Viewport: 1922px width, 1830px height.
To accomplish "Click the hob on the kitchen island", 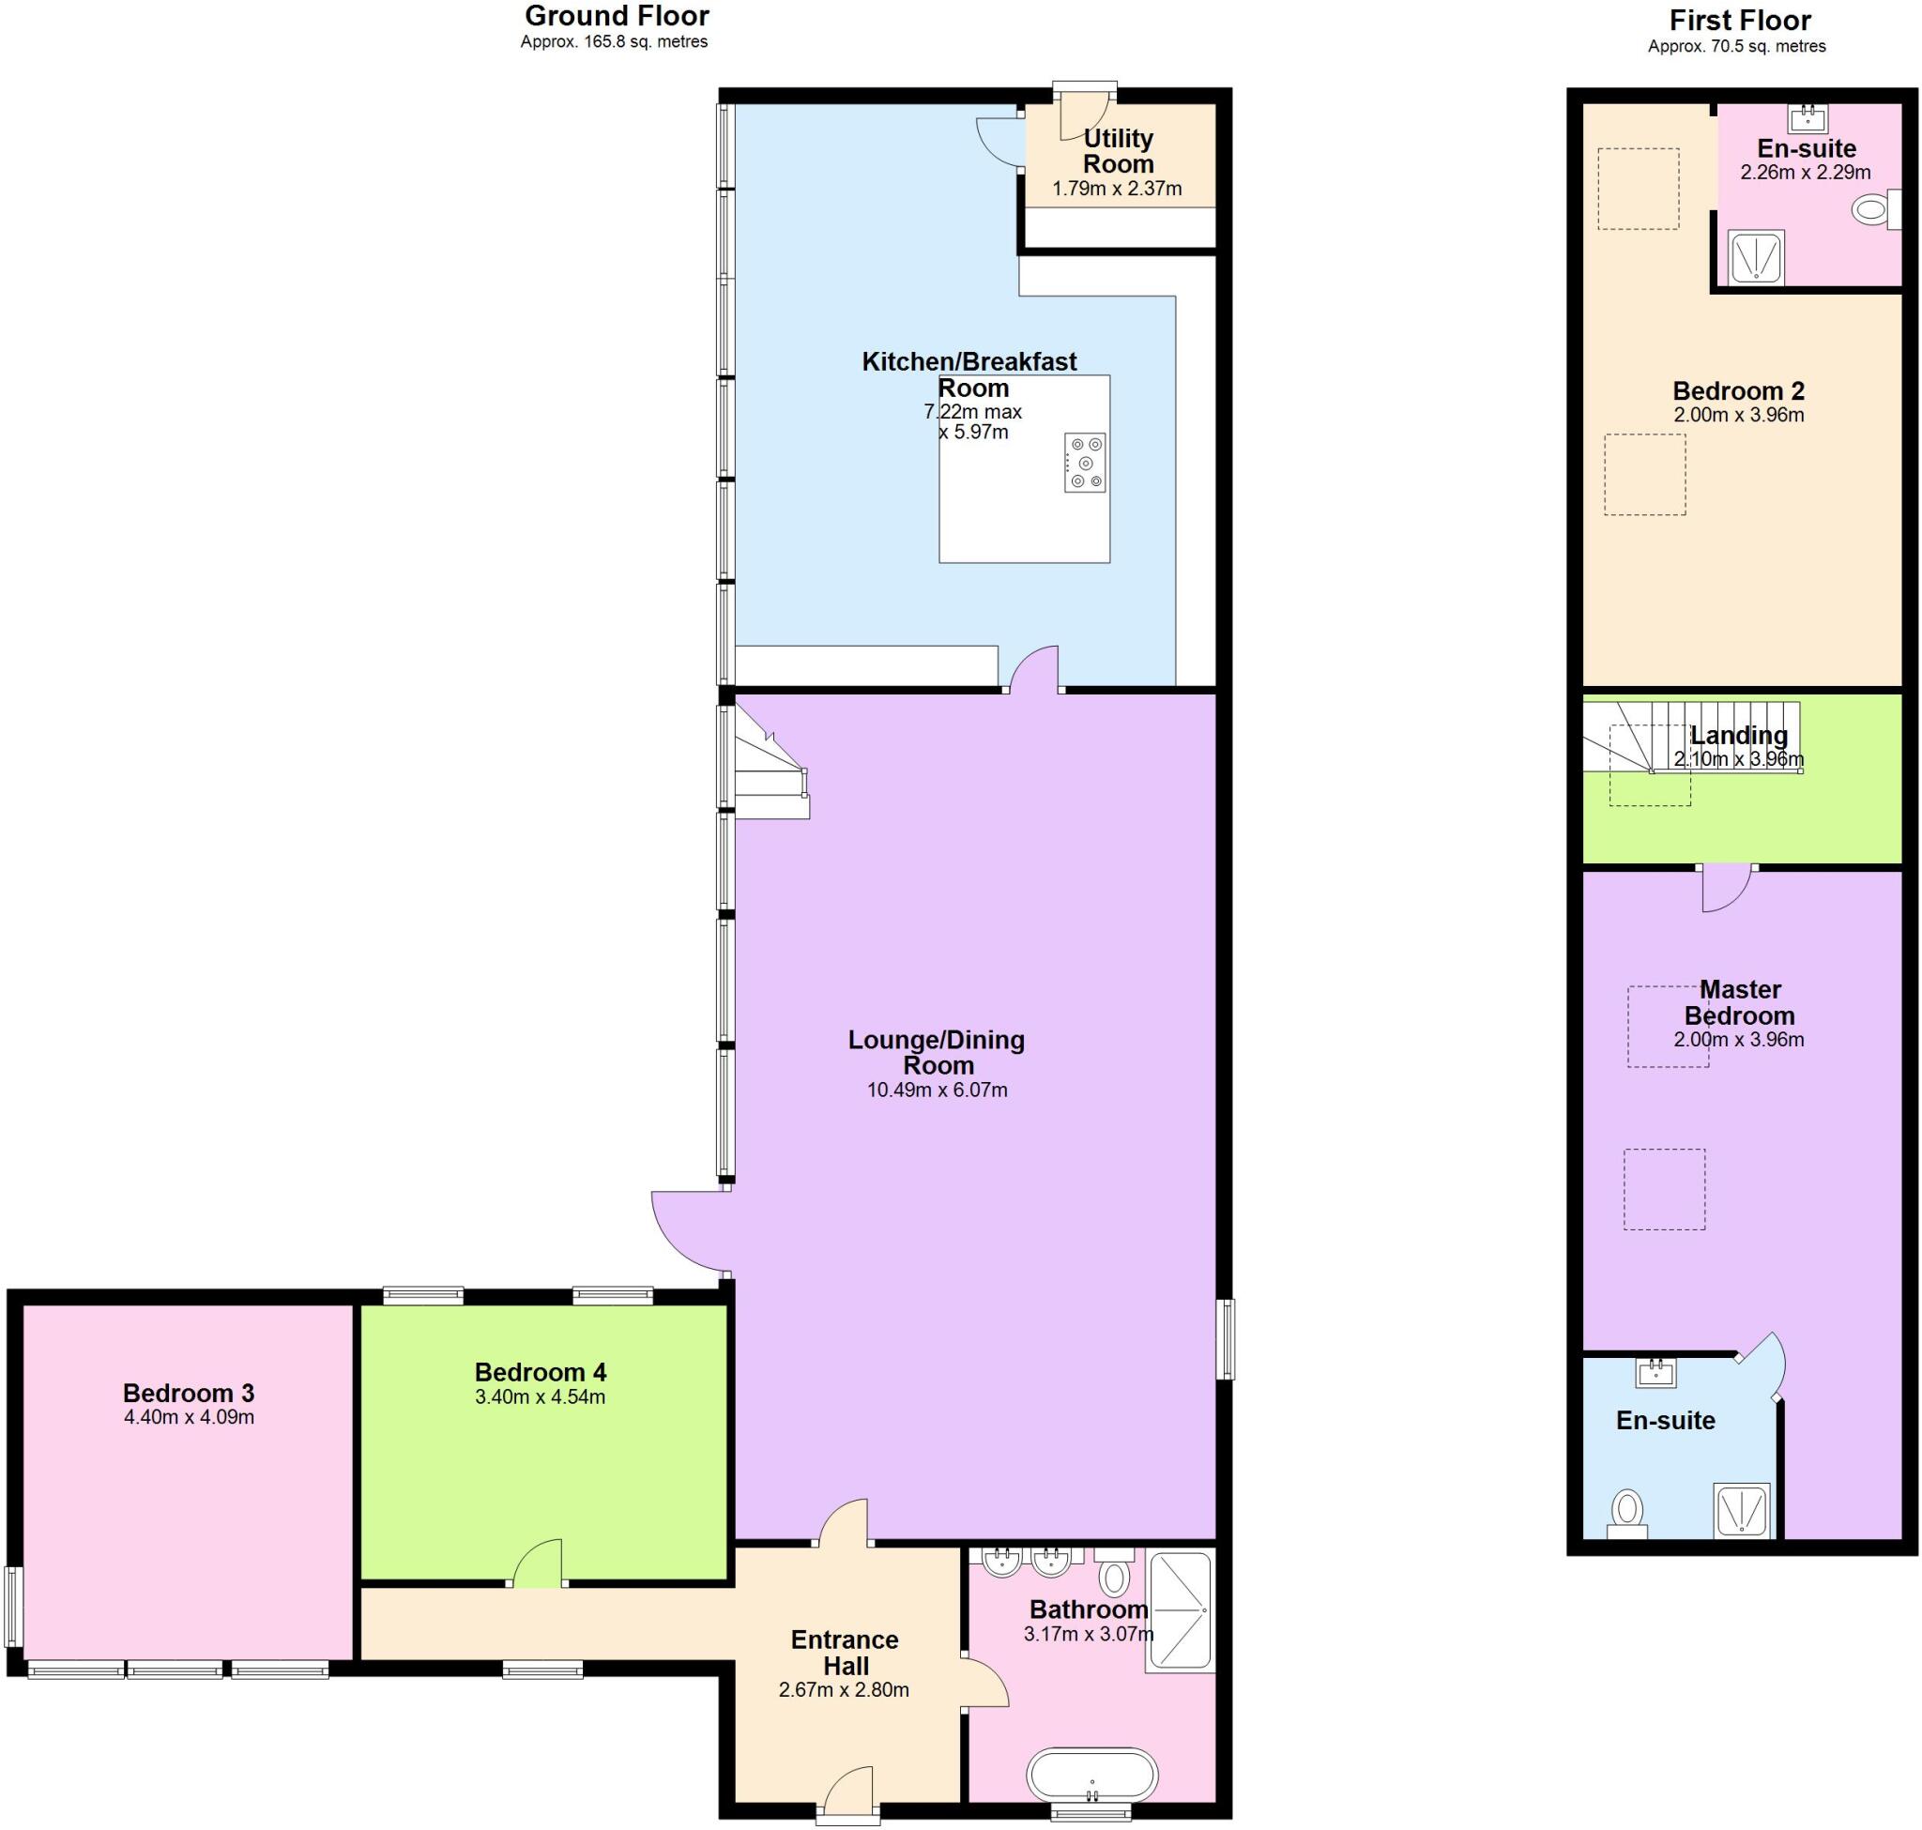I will click(1085, 463).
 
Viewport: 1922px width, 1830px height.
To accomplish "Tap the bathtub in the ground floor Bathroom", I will click(1091, 1775).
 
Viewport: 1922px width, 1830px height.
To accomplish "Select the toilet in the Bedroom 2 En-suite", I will click(1870, 208).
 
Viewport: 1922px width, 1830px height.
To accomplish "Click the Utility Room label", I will click(1118, 151).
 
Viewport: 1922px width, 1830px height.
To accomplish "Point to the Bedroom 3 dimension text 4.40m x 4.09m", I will click(190, 1417).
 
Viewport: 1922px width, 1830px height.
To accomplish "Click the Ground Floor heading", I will click(617, 17).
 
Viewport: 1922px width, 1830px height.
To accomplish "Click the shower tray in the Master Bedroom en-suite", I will click(1742, 1510).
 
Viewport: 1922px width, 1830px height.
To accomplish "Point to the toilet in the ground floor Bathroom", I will click(1113, 1575).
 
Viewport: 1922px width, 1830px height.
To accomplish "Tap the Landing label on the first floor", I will click(1739, 736).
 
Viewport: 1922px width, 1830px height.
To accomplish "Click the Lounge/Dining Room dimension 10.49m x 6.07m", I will click(937, 1090).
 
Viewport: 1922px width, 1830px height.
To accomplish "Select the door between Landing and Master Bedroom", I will click(1726, 886).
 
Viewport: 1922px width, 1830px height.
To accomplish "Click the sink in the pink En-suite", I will click(1807, 119).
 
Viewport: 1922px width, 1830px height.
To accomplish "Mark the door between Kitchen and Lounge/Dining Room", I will click(1034, 669).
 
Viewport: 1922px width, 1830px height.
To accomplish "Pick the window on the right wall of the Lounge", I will click(1226, 1338).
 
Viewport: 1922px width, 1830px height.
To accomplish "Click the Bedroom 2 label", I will click(1739, 391).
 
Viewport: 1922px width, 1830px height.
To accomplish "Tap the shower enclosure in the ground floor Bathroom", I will click(1181, 1610).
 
